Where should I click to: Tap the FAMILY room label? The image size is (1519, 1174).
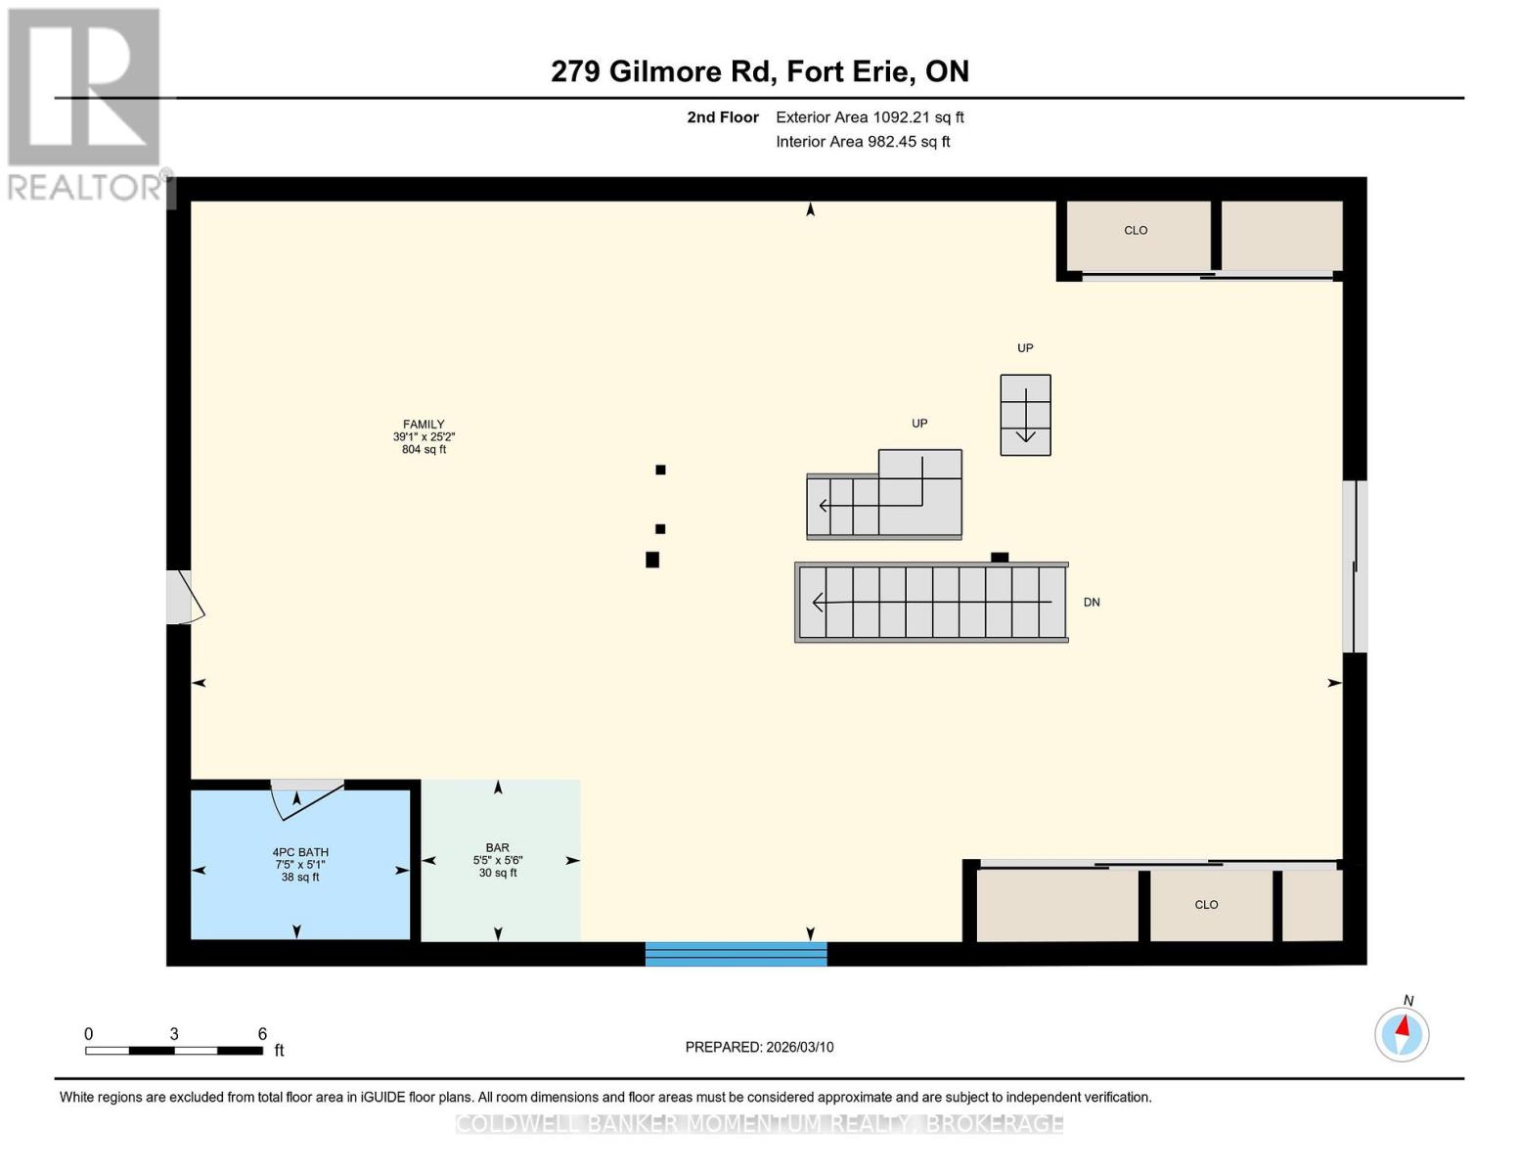click(424, 426)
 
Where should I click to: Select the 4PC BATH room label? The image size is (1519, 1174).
click(300, 853)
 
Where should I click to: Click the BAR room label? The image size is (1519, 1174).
click(498, 848)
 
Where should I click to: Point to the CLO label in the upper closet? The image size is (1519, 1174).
click(1136, 231)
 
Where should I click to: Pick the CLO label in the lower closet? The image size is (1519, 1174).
click(1206, 905)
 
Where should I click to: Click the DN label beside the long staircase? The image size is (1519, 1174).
click(1092, 603)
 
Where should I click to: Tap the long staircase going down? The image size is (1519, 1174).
click(930, 603)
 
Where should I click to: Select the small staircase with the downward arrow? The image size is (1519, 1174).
click(1025, 415)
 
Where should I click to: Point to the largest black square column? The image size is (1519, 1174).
click(652, 560)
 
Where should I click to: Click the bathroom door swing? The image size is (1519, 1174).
click(305, 797)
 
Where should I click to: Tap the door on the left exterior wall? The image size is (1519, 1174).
click(182, 598)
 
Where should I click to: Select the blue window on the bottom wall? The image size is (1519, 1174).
click(736, 954)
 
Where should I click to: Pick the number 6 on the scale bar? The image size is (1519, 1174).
click(262, 1034)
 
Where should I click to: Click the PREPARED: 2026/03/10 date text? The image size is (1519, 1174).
click(759, 1047)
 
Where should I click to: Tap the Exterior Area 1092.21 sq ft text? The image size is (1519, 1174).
click(870, 117)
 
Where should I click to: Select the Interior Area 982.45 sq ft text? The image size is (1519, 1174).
click(863, 142)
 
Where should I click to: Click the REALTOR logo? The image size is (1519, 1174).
click(85, 103)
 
